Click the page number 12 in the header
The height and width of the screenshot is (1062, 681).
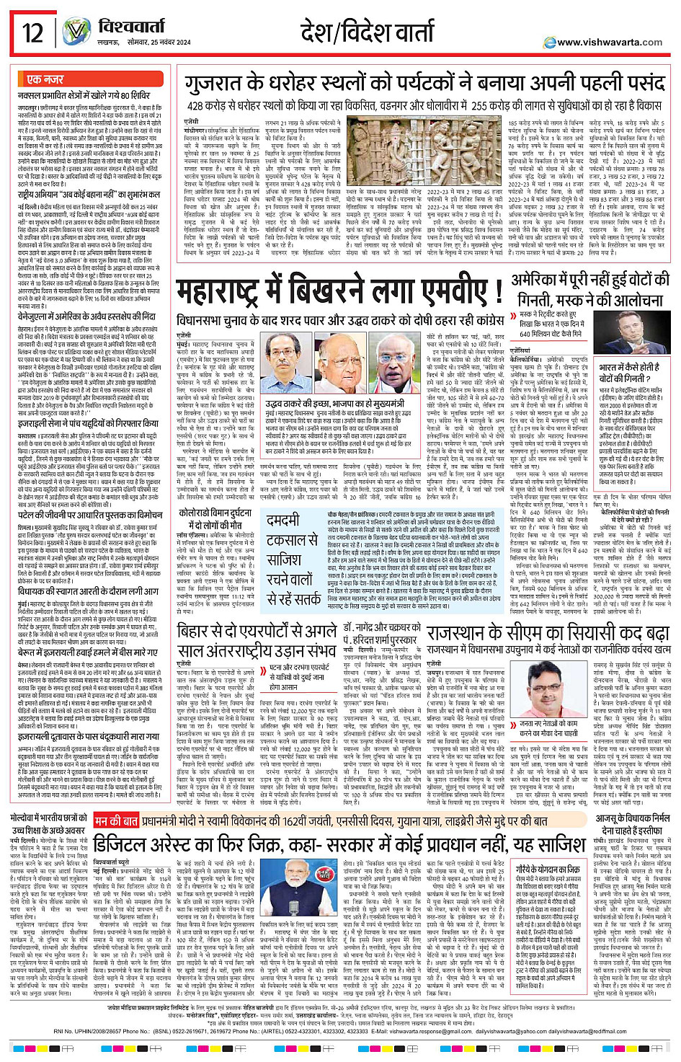pos(32,32)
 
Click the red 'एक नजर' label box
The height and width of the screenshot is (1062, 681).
pos(45,79)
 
